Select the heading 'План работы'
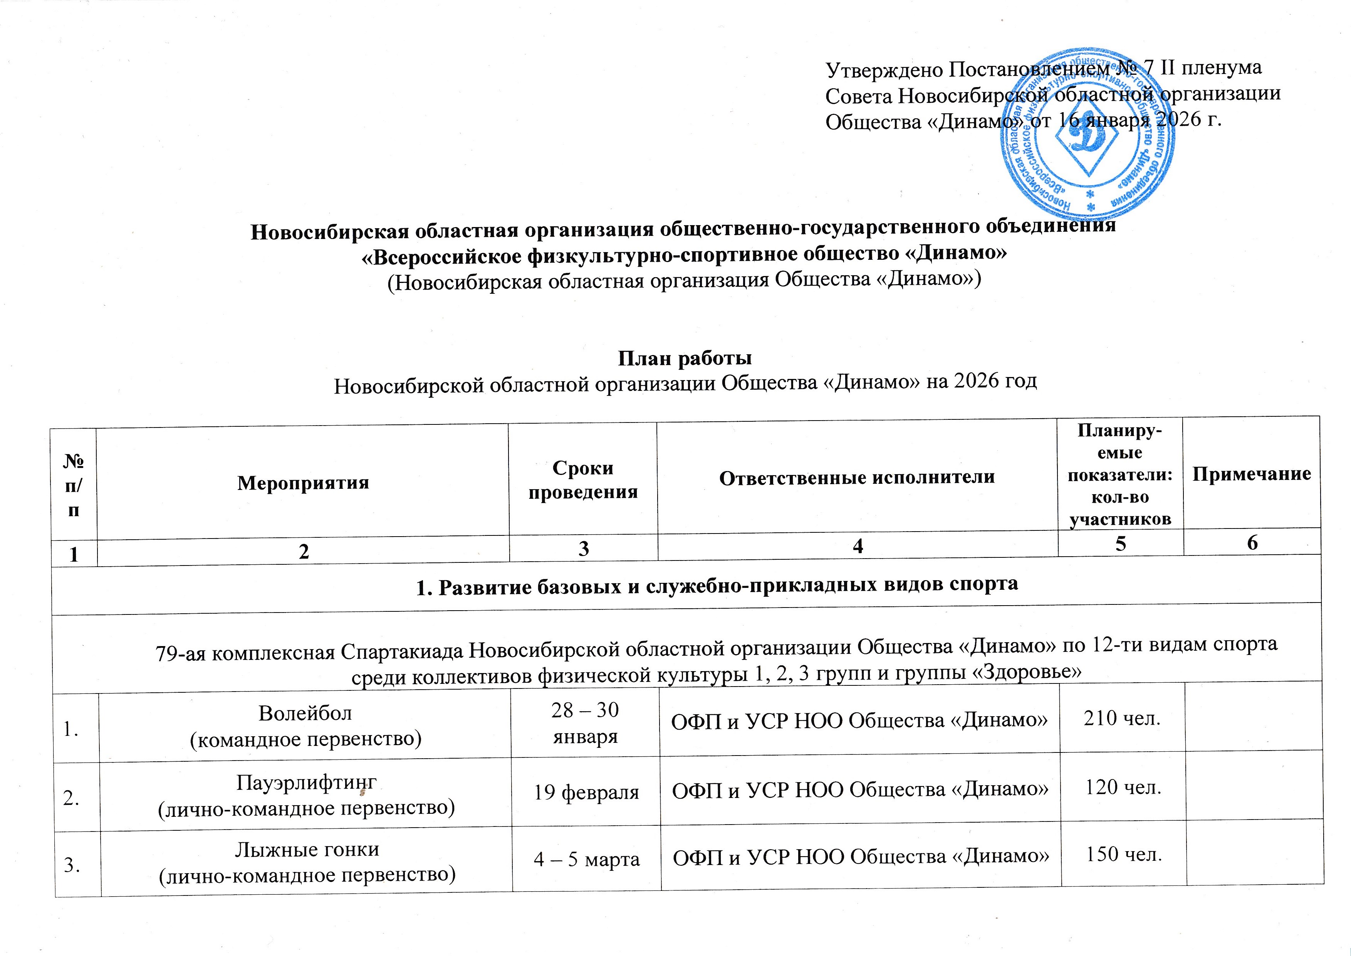[684, 358]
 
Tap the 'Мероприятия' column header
[303, 483]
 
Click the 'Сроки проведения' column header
[582, 480]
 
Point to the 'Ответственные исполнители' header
[857, 477]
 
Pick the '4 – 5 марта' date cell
[587, 860]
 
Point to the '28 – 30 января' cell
[585, 723]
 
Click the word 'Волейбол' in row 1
[305, 714]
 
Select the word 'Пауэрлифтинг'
[306, 783]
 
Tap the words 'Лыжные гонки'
[307, 850]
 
